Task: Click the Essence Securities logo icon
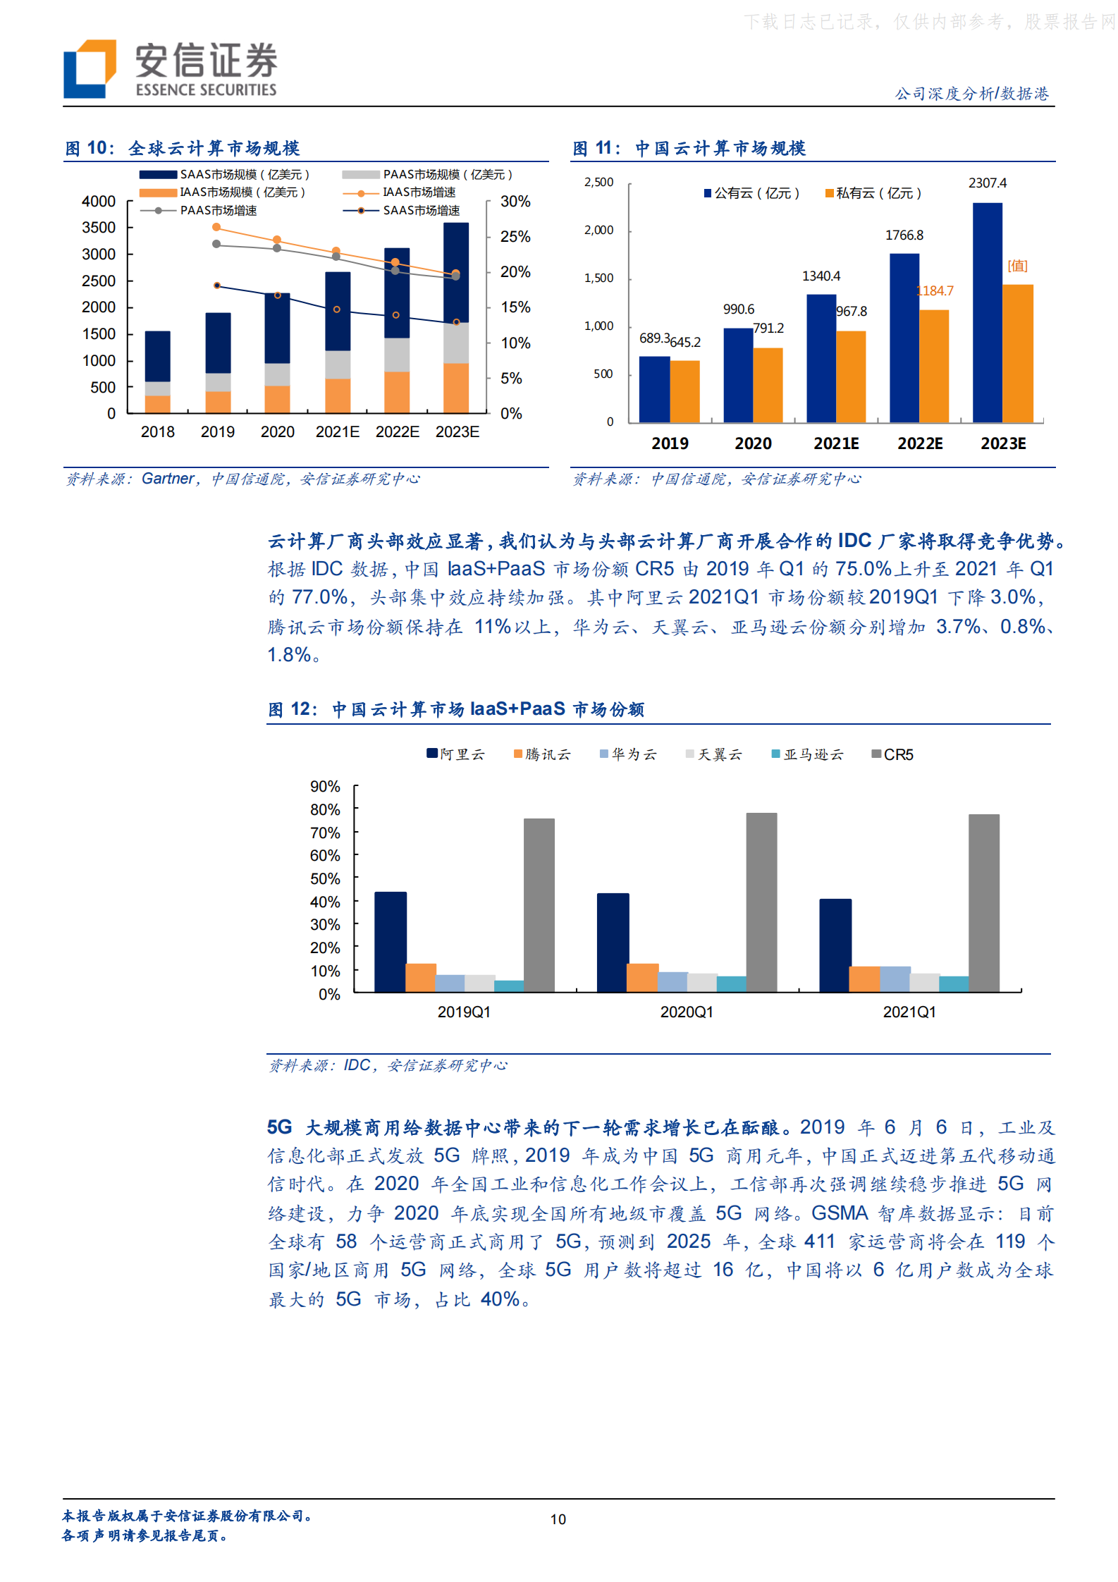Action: coord(90,68)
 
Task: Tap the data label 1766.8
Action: coord(904,235)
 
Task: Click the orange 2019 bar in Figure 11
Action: coord(684,391)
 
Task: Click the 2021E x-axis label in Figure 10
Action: coord(337,432)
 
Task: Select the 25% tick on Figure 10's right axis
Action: coord(515,237)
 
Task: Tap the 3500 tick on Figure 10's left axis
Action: coord(99,228)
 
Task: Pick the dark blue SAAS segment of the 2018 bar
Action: coord(157,356)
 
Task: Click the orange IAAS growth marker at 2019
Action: coord(216,227)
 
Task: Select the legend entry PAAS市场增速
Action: coord(217,211)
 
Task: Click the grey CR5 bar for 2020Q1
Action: coord(761,902)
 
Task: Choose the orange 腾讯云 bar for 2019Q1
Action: coord(421,977)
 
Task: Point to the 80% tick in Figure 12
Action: coord(325,810)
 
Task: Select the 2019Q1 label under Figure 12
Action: coord(464,1012)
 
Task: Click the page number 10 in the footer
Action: coord(558,1519)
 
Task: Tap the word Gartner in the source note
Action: coord(168,479)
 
